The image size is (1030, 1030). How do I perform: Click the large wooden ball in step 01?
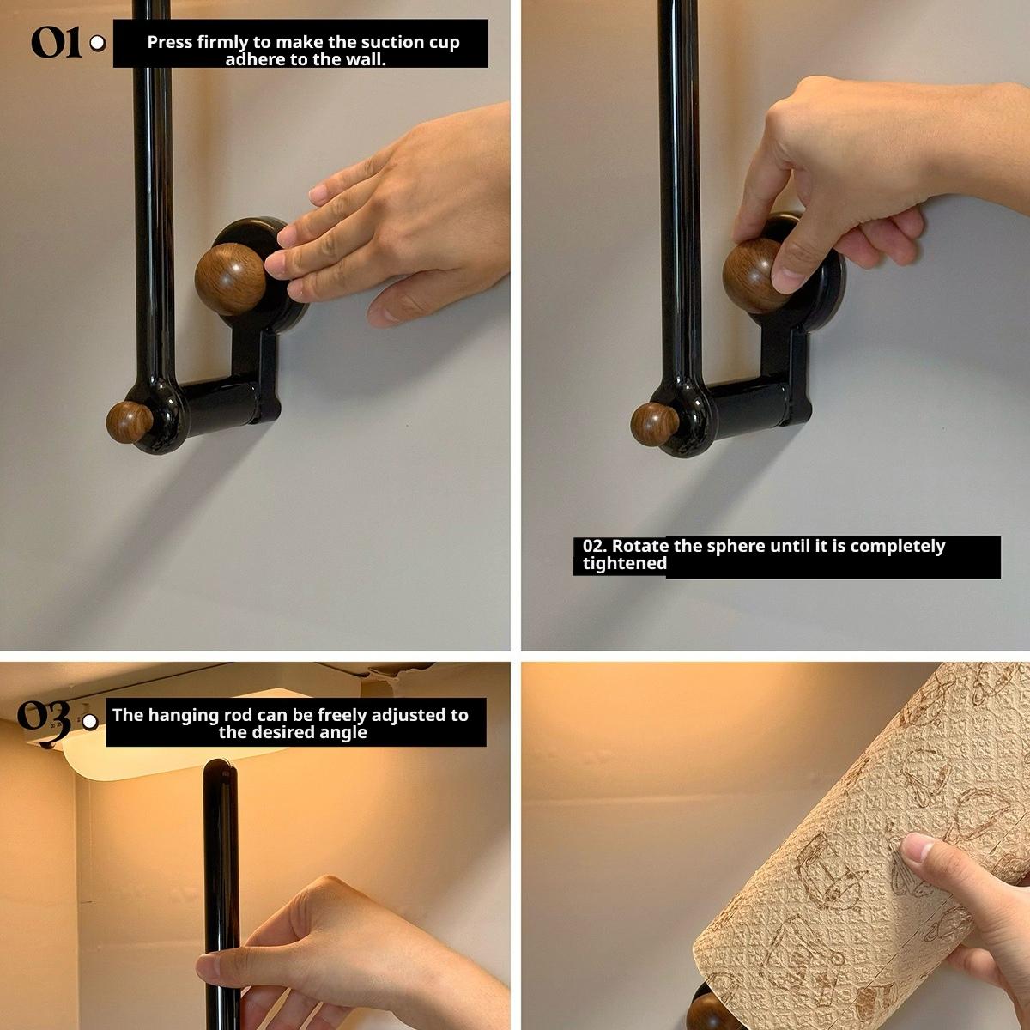tap(230, 279)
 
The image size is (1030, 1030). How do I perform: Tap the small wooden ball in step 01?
tap(129, 422)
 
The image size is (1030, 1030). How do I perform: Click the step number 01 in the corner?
tap(57, 42)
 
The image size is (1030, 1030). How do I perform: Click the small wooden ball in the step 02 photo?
tap(654, 424)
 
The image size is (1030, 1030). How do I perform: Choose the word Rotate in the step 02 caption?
tap(639, 546)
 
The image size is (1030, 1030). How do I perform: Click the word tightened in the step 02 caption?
tap(624, 564)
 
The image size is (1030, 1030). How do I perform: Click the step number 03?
tap(44, 717)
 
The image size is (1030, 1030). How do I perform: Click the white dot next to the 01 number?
tap(98, 43)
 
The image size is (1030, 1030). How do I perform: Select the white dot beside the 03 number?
tap(89, 722)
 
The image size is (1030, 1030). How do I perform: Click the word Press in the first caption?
tap(169, 42)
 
